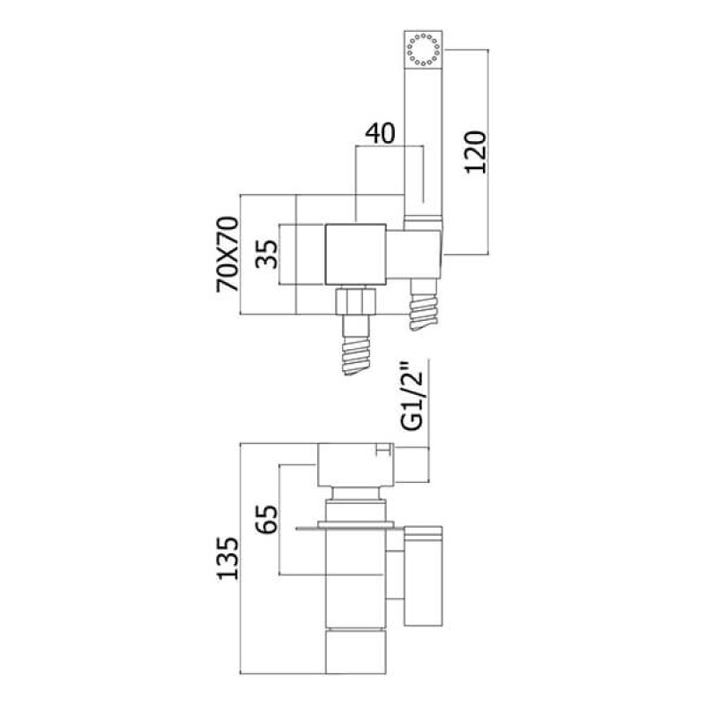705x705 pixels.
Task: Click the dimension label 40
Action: tap(380, 133)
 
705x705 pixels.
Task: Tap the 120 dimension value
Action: tap(476, 152)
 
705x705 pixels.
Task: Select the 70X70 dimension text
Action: tap(227, 254)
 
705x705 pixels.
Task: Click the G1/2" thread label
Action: tap(412, 401)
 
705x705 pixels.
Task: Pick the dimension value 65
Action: tap(267, 519)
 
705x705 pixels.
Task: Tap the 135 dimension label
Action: tap(227, 558)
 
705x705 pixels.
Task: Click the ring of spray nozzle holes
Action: tap(423, 49)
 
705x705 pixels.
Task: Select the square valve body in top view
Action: tap(355, 254)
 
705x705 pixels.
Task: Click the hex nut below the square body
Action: tap(355, 300)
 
